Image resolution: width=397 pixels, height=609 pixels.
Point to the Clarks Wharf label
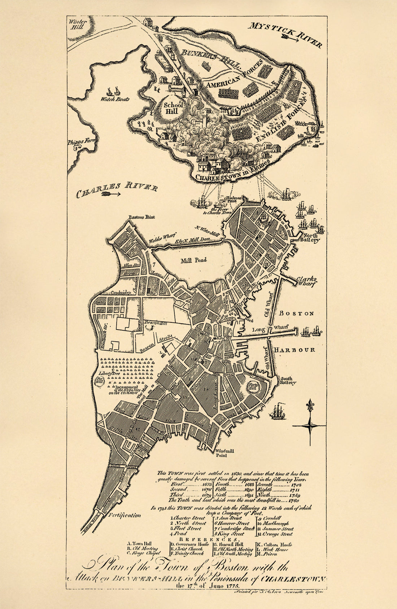tap(307, 281)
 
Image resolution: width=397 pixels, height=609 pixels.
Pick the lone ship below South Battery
tap(278, 412)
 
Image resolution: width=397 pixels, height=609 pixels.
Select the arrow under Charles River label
tap(111, 194)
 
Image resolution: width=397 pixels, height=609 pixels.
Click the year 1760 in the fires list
tap(294, 501)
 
